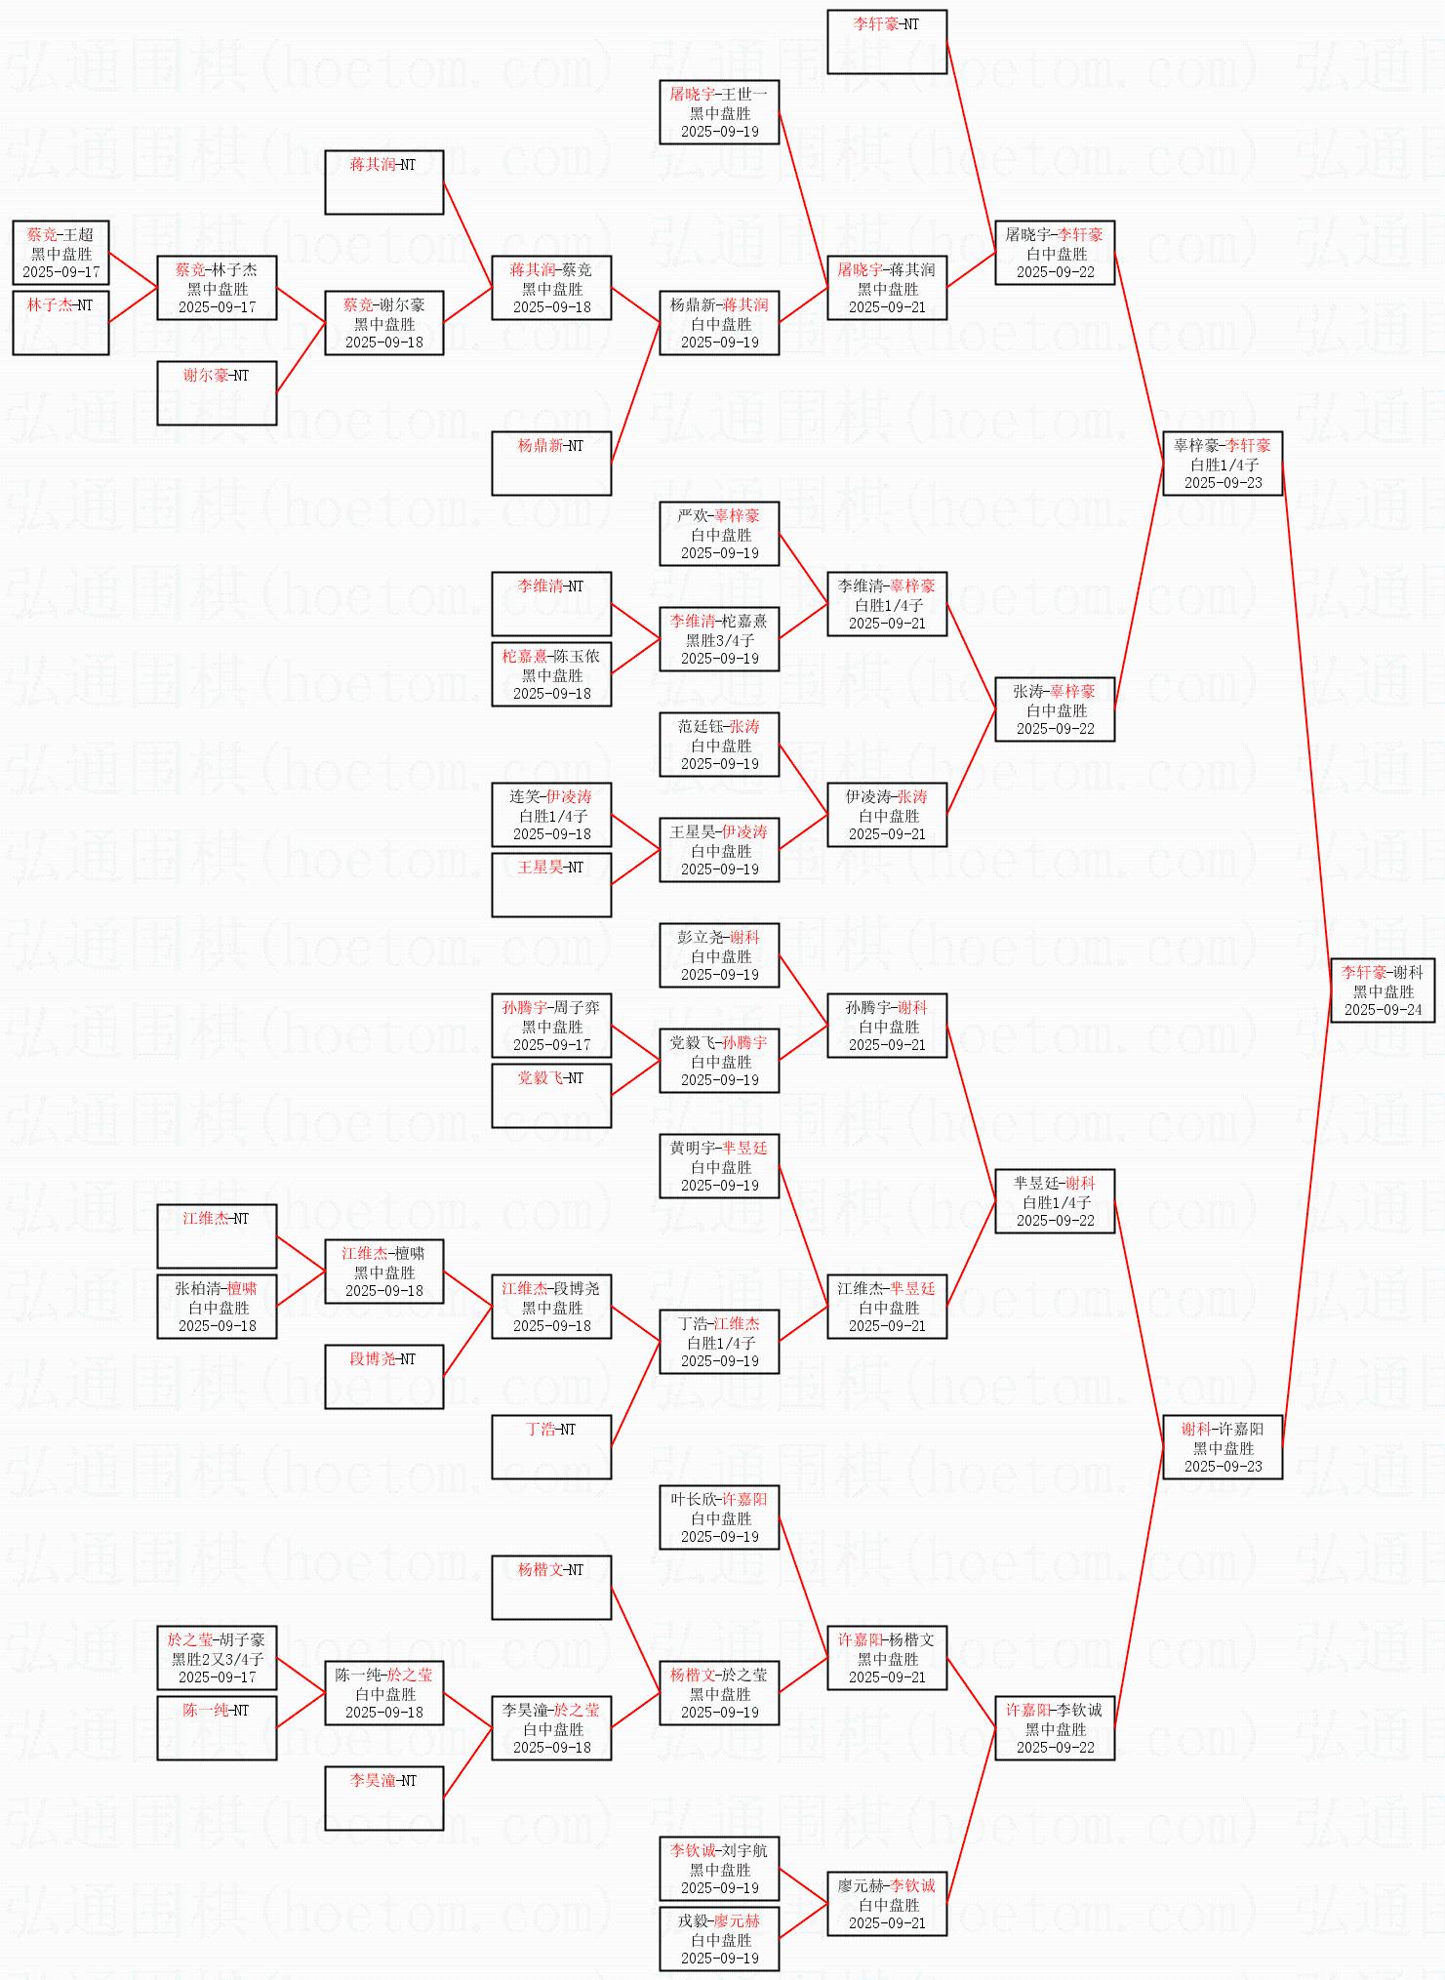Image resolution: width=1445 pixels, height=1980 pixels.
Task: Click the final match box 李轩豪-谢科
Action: click(1383, 990)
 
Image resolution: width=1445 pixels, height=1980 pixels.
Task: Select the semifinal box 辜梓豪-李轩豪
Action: click(1223, 464)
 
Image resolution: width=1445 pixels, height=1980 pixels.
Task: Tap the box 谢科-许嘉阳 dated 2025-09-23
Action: click(1223, 1447)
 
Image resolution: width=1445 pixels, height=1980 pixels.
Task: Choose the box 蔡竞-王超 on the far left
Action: click(60, 253)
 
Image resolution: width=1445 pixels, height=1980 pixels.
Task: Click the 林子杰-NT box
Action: click(60, 322)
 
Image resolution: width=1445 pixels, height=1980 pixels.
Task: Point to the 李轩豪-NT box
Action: click(887, 42)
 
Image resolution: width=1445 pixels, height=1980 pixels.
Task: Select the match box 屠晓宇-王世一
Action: click(719, 112)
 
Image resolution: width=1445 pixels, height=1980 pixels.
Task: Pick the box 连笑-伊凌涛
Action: click(551, 815)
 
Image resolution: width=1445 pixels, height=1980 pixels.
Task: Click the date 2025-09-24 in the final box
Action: click(1383, 1010)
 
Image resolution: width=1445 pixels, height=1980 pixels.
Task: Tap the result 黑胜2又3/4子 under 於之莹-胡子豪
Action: click(217, 1659)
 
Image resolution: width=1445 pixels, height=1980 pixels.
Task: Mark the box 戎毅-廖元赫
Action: click(719, 1939)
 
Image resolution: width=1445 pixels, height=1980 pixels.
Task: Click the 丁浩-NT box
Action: click(551, 1447)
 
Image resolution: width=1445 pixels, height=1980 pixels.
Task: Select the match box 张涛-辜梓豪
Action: click(1055, 709)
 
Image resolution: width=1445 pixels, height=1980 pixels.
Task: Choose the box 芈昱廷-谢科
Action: click(1055, 1201)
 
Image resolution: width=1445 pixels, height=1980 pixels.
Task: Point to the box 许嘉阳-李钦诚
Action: click(1055, 1728)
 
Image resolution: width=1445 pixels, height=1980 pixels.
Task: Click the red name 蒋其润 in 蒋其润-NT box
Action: click(372, 165)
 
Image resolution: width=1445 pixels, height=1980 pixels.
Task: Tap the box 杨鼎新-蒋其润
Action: click(719, 323)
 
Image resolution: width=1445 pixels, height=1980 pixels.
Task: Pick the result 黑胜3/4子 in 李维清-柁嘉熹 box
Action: click(719, 640)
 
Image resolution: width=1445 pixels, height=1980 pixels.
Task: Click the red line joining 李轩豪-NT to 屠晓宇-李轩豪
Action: click(970, 137)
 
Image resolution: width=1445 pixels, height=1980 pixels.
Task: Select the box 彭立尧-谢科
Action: click(719, 955)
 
